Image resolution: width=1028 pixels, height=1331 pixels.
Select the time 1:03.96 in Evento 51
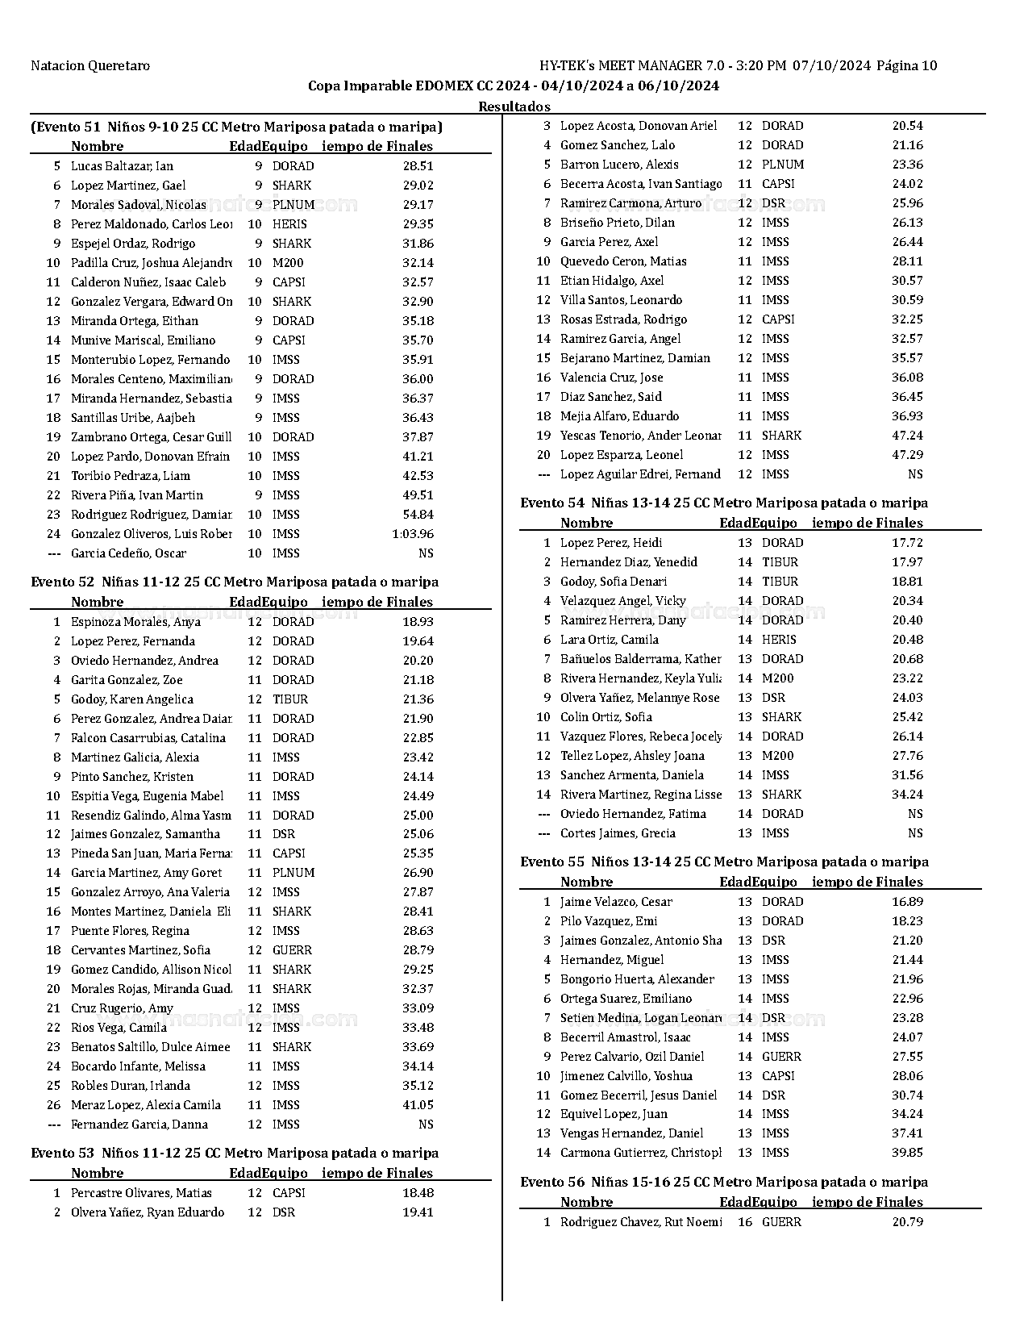(x=413, y=534)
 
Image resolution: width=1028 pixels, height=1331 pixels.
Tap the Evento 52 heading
(x=235, y=582)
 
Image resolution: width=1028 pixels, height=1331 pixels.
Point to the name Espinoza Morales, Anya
(x=135, y=622)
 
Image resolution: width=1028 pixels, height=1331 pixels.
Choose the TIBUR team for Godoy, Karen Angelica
(x=290, y=699)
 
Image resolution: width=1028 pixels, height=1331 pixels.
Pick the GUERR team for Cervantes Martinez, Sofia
(x=292, y=950)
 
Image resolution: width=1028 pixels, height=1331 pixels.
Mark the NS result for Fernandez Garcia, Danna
(x=426, y=1124)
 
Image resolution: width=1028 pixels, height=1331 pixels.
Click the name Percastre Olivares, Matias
(x=141, y=1193)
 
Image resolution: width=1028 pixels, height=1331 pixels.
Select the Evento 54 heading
(x=724, y=503)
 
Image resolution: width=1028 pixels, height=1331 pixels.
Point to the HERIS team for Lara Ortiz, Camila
(x=779, y=640)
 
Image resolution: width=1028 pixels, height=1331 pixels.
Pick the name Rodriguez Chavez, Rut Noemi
(x=641, y=1222)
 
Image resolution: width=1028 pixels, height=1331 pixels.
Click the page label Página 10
(x=906, y=66)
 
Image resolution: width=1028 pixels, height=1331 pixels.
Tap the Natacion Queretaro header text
(x=90, y=66)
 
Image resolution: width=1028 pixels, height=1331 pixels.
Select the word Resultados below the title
(x=514, y=106)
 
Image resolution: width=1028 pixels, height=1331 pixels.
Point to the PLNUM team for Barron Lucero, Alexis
(x=783, y=165)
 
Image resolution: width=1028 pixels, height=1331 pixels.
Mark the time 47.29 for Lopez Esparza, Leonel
(x=907, y=455)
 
